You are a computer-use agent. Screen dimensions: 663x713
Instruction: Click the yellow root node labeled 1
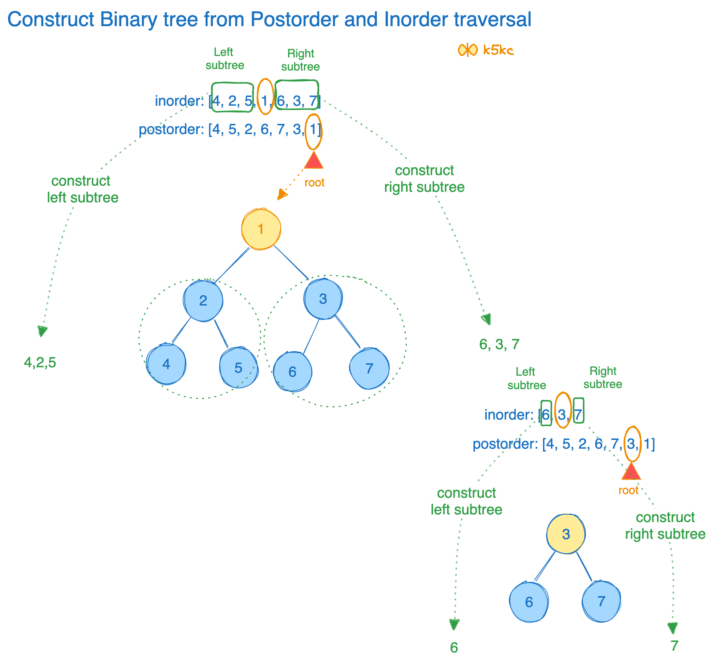(x=261, y=229)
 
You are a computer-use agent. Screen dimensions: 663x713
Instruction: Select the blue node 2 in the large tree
(x=203, y=300)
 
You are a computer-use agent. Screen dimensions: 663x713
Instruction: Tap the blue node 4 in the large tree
(x=166, y=364)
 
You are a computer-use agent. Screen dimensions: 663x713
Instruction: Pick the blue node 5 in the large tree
(x=238, y=368)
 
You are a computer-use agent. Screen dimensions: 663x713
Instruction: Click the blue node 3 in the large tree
(x=323, y=299)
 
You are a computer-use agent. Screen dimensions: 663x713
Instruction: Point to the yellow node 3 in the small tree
(x=566, y=534)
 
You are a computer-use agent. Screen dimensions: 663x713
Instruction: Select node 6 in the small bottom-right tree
(x=529, y=602)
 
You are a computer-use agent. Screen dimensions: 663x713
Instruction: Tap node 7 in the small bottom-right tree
(x=601, y=601)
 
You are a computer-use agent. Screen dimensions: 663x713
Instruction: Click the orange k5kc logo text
(x=498, y=50)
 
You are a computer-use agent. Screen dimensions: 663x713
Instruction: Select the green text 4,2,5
(x=40, y=363)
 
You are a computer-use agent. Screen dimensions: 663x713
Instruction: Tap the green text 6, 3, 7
(x=499, y=344)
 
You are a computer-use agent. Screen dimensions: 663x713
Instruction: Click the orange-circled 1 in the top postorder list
(x=313, y=130)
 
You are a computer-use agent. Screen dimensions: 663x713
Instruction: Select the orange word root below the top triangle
(x=314, y=182)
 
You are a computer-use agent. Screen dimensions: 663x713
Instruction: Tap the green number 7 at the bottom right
(x=674, y=646)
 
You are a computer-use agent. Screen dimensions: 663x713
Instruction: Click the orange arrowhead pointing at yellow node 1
(x=281, y=195)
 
